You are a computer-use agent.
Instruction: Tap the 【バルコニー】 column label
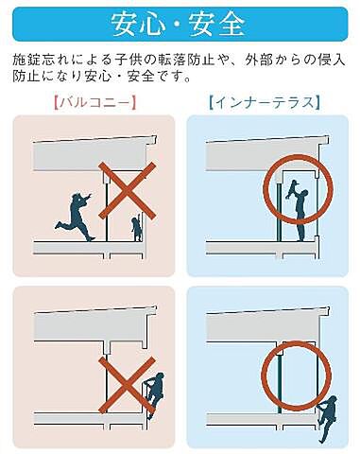[94, 101]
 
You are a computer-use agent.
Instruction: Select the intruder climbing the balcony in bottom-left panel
[153, 392]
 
